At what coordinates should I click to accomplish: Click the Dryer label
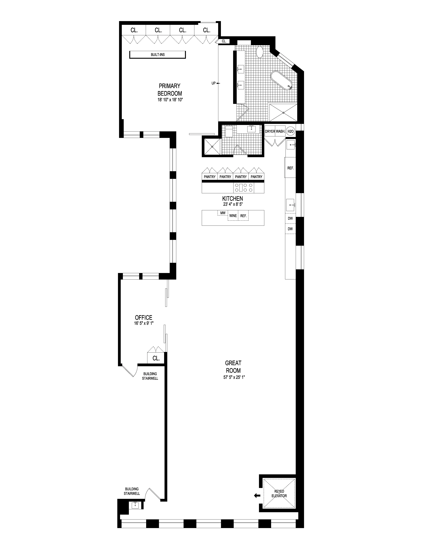pos(270,131)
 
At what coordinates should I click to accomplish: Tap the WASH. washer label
pos(280,131)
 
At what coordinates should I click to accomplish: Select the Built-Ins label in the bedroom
pos(158,54)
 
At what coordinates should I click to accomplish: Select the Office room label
pos(144,317)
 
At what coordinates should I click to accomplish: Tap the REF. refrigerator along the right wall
pos(290,168)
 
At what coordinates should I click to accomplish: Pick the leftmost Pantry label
pos(210,177)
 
